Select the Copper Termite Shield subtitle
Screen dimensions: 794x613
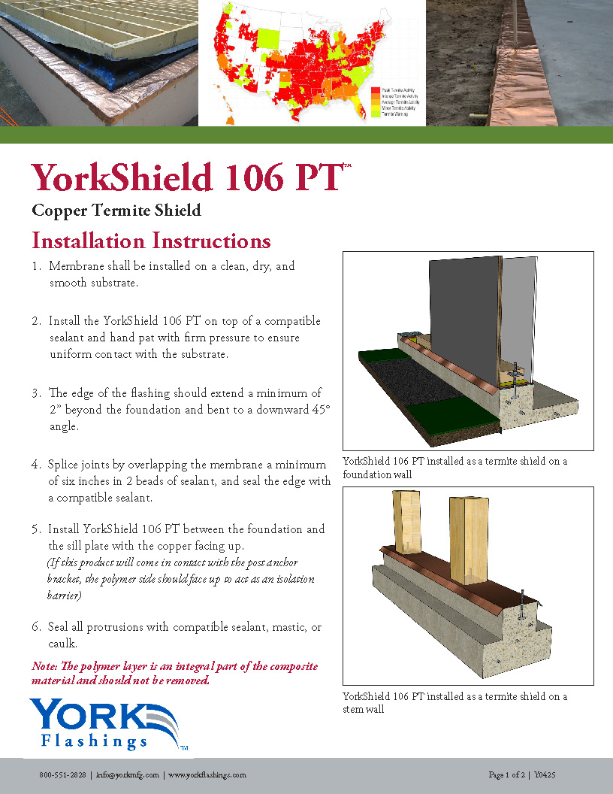(x=116, y=211)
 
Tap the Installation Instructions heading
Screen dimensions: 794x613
(x=151, y=241)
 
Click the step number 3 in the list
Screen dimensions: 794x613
(x=36, y=393)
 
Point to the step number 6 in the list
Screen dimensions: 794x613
(x=36, y=627)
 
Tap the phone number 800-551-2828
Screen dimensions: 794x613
(x=62, y=775)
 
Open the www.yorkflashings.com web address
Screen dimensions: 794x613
(x=207, y=775)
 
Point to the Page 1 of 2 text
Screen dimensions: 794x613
(x=509, y=775)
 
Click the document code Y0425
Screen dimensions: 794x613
(x=545, y=775)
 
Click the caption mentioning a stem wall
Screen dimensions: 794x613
(x=454, y=703)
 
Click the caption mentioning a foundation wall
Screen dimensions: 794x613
(x=454, y=468)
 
